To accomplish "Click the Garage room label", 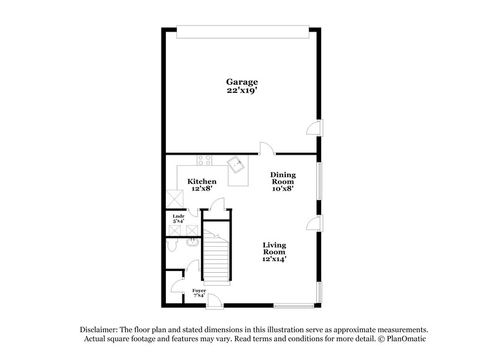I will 241,82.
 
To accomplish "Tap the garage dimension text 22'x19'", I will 241,90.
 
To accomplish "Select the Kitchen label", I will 202,181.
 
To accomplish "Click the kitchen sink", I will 236,165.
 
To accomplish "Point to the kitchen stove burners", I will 205,160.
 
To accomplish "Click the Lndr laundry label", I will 178,216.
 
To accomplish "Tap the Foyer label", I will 199,289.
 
